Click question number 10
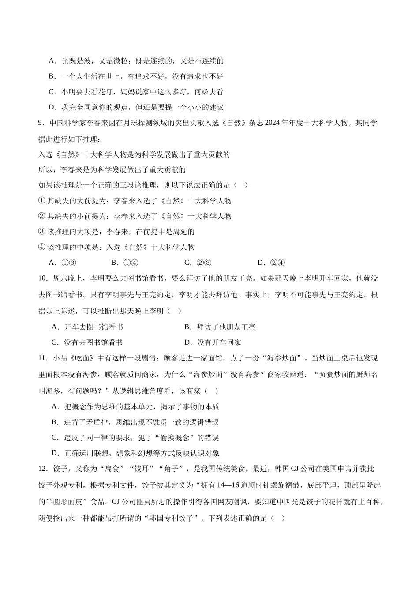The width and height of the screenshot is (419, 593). pos(43,278)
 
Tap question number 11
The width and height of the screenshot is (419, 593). pos(43,358)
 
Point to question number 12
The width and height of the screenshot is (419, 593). pos(43,469)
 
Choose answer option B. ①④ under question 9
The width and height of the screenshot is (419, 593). pos(125,263)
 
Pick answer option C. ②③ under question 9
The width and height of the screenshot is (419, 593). pos(198,263)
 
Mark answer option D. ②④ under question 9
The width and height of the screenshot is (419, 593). pos(271,263)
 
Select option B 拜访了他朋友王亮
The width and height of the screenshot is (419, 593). pos(220,327)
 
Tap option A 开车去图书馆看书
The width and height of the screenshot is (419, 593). pos(87,327)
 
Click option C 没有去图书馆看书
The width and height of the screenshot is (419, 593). pos(87,343)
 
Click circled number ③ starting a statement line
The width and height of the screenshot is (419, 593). pos(42,232)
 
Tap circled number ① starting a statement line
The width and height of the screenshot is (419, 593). pos(42,201)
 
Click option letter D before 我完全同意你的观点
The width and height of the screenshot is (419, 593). pos(52,107)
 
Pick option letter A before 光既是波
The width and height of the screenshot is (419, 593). pos(52,61)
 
